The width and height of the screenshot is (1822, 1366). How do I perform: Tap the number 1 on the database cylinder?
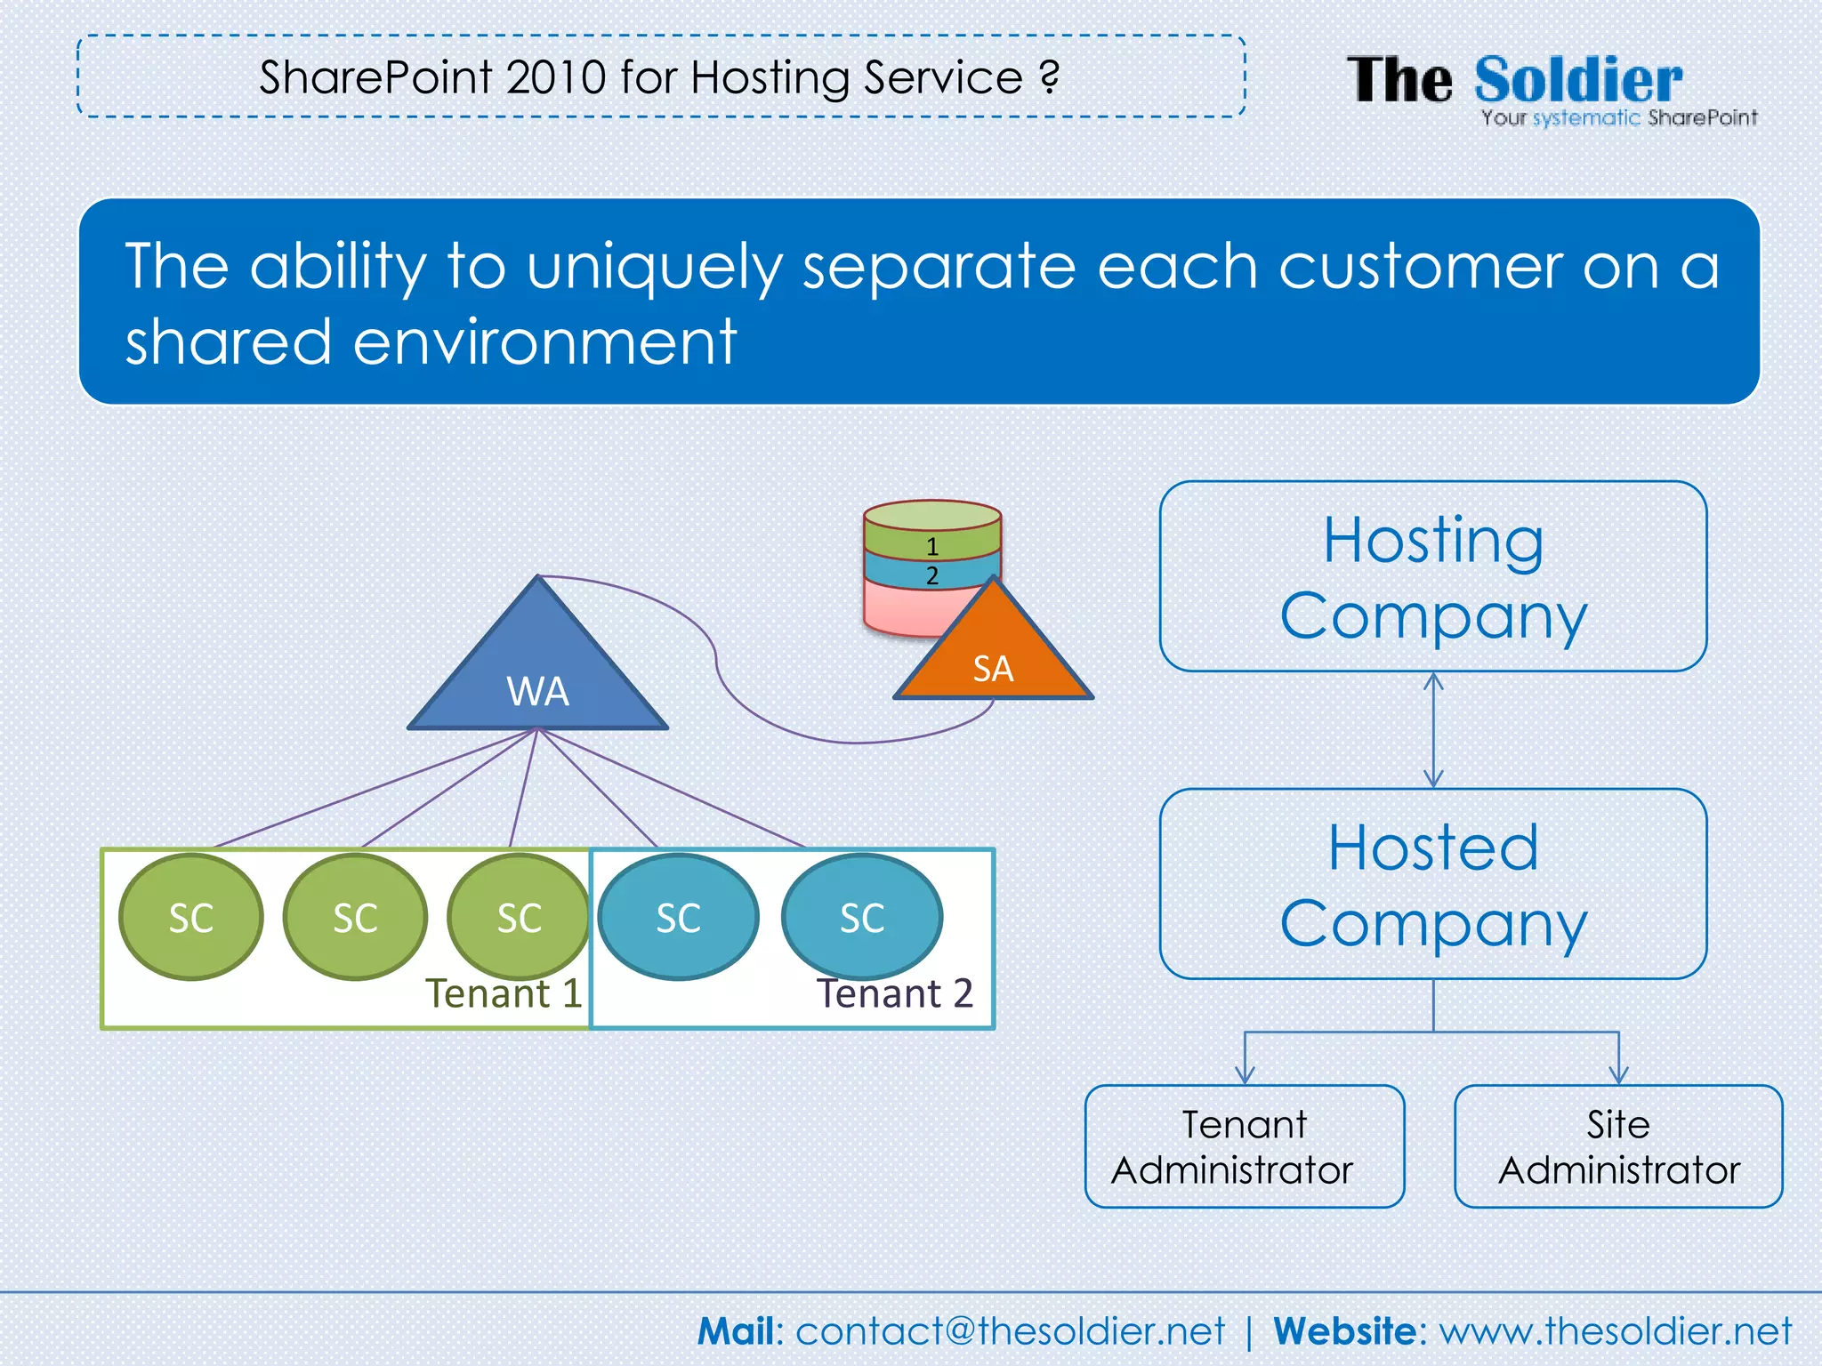click(932, 546)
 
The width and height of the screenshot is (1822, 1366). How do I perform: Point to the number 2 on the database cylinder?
click(932, 575)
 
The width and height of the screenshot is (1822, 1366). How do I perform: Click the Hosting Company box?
click(1432, 576)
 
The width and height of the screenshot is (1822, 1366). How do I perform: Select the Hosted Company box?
click(1432, 884)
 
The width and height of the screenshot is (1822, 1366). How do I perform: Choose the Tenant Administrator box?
click(1244, 1146)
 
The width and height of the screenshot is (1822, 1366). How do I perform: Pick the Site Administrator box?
click(1618, 1146)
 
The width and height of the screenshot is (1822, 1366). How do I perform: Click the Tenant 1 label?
click(504, 993)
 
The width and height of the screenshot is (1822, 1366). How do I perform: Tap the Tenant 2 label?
click(895, 993)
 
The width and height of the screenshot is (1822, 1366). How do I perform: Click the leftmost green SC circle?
click(191, 917)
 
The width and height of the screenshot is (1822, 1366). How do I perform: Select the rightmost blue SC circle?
click(862, 917)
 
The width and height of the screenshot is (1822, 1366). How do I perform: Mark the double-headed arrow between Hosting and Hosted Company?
click(1433, 730)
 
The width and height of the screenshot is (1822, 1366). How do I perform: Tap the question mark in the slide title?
click(1050, 77)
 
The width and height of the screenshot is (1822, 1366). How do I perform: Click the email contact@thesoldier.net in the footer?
click(1010, 1331)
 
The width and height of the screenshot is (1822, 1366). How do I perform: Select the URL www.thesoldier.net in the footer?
click(1616, 1331)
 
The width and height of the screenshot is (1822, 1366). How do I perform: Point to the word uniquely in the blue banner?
click(654, 267)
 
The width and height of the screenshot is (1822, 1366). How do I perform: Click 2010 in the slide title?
click(557, 77)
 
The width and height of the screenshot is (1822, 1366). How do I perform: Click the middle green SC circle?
click(355, 917)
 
